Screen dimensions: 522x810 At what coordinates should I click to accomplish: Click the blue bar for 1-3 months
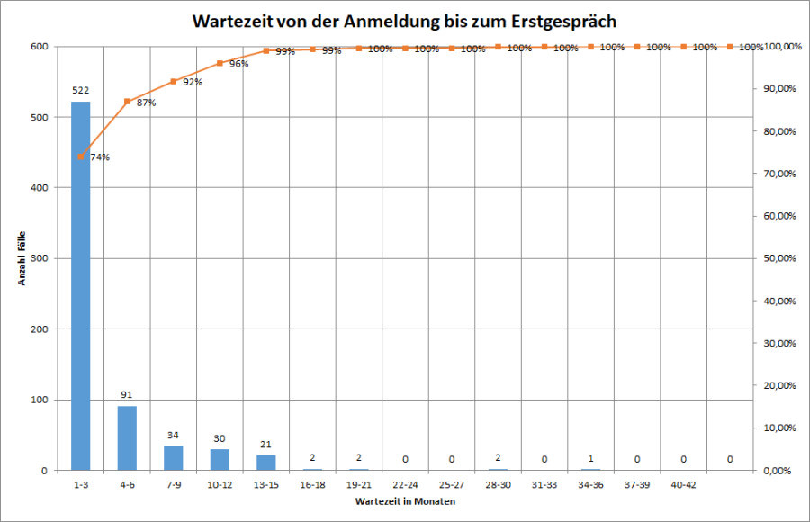point(81,285)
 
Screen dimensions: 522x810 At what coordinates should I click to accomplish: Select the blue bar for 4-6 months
point(127,437)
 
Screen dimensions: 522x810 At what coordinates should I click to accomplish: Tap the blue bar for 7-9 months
point(174,457)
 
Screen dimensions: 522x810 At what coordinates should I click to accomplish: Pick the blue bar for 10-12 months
point(220,459)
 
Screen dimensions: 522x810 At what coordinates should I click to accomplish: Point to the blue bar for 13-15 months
point(266,462)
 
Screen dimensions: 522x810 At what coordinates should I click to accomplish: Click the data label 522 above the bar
point(81,90)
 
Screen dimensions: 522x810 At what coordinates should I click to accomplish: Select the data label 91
point(127,394)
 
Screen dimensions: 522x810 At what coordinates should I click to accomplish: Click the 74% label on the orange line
point(100,157)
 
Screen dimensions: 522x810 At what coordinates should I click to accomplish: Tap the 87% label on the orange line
point(147,103)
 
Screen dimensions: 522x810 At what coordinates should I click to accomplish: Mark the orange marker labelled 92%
point(174,81)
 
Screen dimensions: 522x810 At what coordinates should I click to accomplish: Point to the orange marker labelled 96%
point(220,63)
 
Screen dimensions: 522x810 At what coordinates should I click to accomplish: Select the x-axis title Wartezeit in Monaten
point(405,501)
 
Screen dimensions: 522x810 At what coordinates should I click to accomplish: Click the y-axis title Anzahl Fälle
point(22,258)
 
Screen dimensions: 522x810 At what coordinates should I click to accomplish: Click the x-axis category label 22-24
point(405,484)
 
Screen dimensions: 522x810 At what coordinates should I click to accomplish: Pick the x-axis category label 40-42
point(683,484)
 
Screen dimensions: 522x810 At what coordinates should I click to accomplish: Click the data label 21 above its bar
point(266,444)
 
